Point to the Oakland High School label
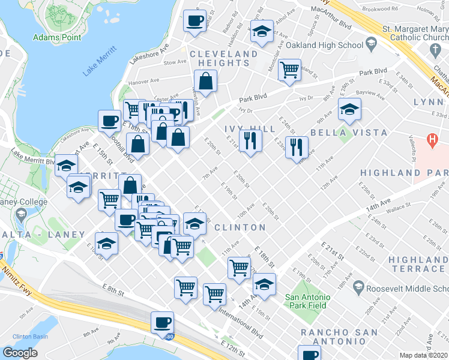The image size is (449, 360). point(325,45)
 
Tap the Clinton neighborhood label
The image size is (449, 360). point(240,227)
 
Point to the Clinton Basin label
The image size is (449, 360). point(30,337)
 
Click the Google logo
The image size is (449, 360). point(20,353)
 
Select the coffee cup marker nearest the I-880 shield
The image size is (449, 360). point(162,323)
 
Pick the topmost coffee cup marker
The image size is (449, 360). point(194,21)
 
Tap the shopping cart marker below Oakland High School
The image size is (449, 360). point(290,69)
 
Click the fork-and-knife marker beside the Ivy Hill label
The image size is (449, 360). point(250,141)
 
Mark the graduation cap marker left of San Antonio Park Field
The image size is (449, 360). point(264,283)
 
